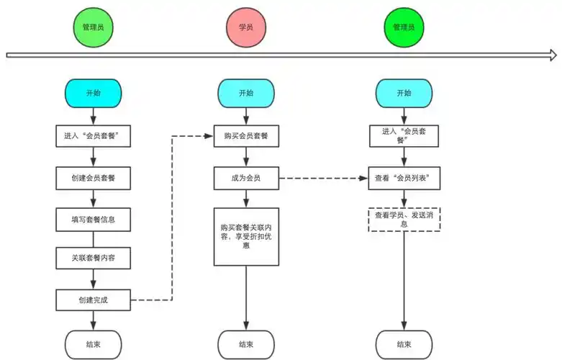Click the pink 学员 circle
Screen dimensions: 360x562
click(x=246, y=27)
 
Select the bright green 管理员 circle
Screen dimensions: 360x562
click(x=404, y=27)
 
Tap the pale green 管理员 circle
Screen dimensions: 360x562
click(x=94, y=27)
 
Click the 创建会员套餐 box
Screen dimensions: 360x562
click(x=94, y=178)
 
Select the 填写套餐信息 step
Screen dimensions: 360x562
click(x=94, y=219)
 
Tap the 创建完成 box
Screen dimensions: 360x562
click(x=94, y=300)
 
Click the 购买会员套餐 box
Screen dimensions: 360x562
click(x=246, y=136)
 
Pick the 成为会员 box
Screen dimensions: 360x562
click(x=246, y=178)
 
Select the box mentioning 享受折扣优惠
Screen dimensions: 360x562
click(x=246, y=235)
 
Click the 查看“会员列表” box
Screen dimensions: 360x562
click(x=404, y=178)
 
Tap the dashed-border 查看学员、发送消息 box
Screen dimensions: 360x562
click(x=404, y=220)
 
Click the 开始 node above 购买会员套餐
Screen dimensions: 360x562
click(x=246, y=93)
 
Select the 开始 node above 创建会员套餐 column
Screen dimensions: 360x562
click(x=94, y=93)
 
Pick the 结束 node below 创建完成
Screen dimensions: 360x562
click(x=94, y=344)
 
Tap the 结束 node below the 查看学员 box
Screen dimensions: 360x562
click(x=404, y=344)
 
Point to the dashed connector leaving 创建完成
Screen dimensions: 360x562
click(x=171, y=216)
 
